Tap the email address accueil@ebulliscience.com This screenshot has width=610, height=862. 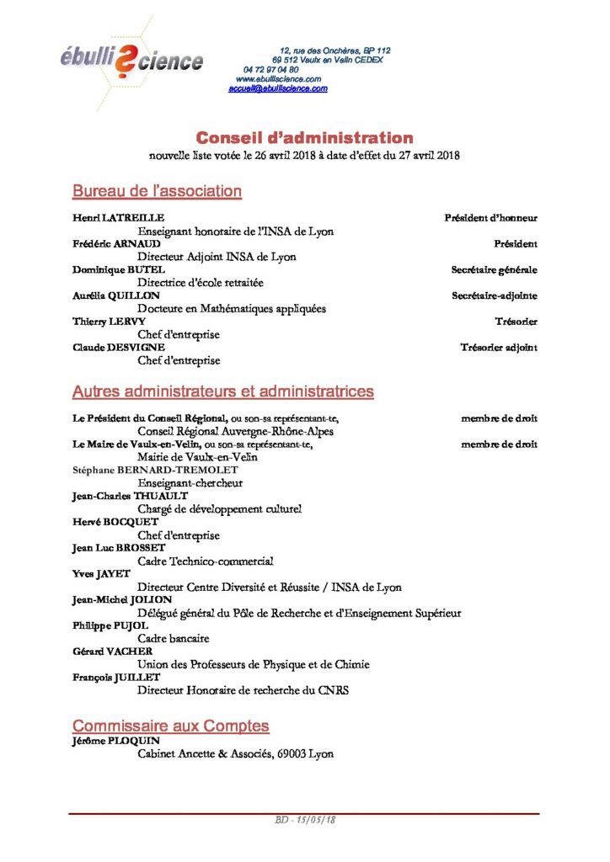(278, 88)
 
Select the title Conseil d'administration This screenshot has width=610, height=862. (304, 138)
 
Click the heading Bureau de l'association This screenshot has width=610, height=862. (157, 192)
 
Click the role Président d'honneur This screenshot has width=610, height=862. (490, 218)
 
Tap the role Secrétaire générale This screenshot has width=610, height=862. (494, 270)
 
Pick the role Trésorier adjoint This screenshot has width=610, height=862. (499, 348)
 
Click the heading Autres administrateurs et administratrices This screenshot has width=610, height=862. (223, 392)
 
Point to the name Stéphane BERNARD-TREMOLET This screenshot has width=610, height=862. (155, 471)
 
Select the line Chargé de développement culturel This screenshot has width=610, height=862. (219, 509)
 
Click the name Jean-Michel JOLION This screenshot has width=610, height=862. (122, 599)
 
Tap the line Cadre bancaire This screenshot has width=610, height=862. (174, 639)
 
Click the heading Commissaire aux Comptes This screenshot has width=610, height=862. (170, 726)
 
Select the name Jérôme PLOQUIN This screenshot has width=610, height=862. (116, 741)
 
